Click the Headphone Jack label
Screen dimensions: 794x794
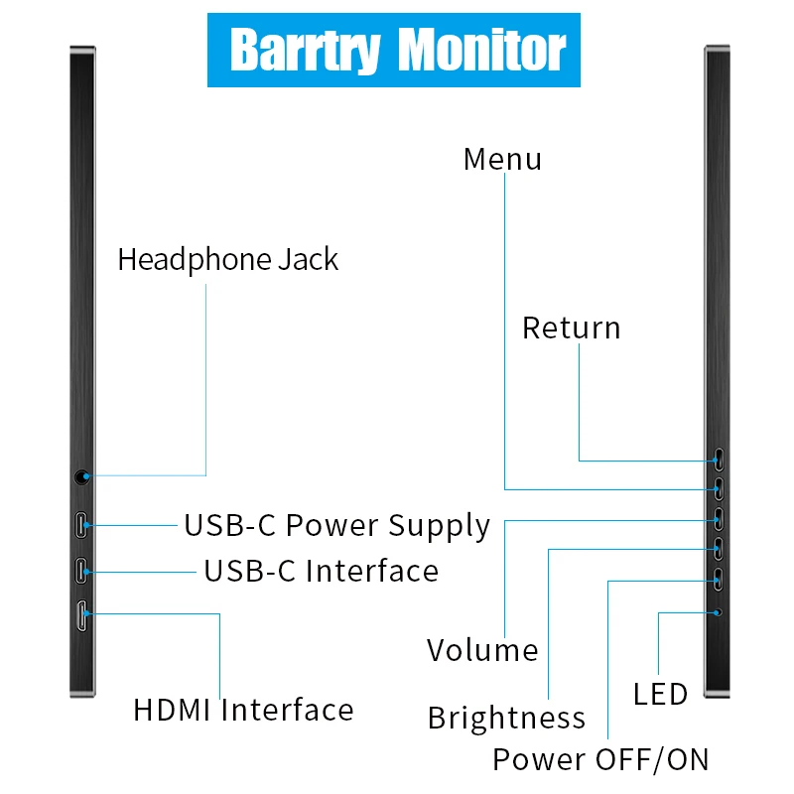[228, 260]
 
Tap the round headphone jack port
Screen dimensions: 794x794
[81, 477]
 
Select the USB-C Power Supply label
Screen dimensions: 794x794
[337, 526]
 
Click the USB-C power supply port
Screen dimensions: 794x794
[81, 525]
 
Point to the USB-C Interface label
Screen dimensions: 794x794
[321, 572]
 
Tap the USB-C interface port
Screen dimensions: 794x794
[81, 571]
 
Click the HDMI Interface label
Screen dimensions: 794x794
[243, 710]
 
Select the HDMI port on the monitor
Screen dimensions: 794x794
[81, 615]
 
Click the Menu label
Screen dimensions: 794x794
[502, 159]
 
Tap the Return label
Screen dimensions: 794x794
[572, 329]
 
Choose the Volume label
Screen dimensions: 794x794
[482, 650]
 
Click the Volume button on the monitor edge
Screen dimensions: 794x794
[718, 519]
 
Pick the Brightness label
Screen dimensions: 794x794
[506, 718]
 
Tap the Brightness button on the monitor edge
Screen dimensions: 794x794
[718, 549]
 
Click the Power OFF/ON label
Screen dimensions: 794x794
[600, 759]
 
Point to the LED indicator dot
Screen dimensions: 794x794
[718, 612]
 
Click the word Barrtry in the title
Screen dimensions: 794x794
[306, 50]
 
